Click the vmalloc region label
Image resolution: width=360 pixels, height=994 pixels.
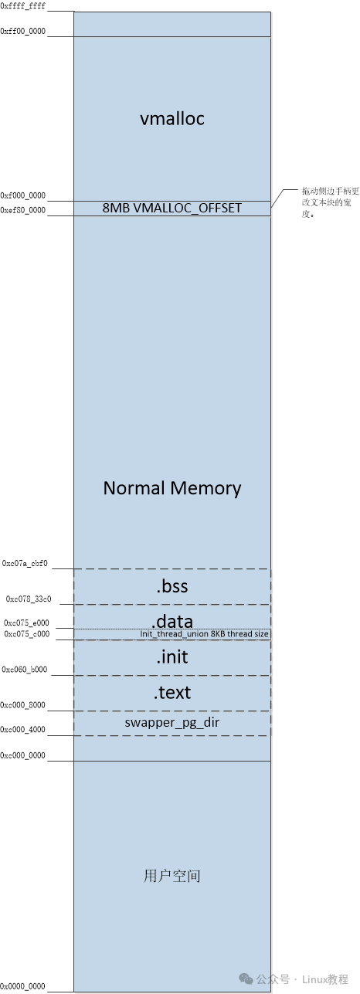coord(172,119)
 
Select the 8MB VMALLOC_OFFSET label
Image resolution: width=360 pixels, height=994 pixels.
coord(172,208)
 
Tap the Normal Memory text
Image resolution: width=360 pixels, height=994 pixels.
coord(172,488)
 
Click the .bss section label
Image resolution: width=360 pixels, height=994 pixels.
coord(172,587)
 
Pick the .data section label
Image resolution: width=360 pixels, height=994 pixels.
coord(172,621)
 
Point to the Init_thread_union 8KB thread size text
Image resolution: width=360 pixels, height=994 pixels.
coord(205,634)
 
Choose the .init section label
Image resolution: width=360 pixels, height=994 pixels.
coord(172,657)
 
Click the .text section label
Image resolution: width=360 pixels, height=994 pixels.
coord(172,693)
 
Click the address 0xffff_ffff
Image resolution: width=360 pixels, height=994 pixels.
coord(23,5)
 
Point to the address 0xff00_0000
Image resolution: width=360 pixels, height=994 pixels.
coord(23,30)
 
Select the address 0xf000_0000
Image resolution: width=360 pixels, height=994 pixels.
coord(23,196)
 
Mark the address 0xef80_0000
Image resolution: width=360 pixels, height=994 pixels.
coord(23,210)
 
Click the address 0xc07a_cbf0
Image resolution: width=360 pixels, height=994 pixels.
coord(25,564)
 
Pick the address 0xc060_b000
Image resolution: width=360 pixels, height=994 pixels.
coord(25,670)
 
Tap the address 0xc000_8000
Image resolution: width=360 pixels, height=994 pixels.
coord(24,705)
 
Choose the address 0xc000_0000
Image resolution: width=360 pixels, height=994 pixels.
coord(23,755)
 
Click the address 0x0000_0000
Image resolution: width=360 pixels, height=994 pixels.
coord(23,986)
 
